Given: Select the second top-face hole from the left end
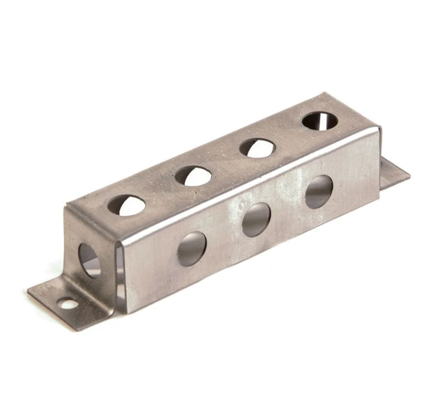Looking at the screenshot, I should [x=193, y=175].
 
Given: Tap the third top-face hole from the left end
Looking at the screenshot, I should [x=257, y=148].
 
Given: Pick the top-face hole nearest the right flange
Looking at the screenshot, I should [x=319, y=121].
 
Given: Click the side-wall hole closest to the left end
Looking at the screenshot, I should [x=192, y=249].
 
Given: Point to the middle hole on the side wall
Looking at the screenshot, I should [x=256, y=219].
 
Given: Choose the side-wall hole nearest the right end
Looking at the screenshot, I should [x=319, y=191].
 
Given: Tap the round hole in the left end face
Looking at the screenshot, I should [x=89, y=260].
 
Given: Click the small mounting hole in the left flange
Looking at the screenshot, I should [x=69, y=304].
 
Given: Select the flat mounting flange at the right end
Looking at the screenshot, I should [x=394, y=174].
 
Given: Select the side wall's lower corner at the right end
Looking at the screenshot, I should [x=380, y=191].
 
